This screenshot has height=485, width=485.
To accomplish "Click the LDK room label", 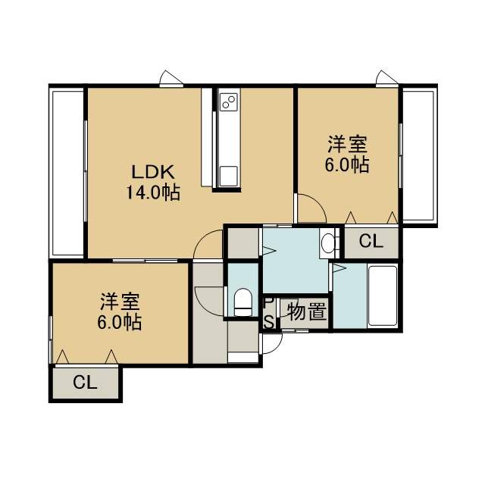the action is [x=153, y=172].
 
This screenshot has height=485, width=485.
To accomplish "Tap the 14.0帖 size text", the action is [x=153, y=193].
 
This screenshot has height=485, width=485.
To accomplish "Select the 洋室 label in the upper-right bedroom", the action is [x=347, y=145].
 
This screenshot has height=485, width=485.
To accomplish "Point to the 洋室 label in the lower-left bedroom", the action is [x=120, y=302].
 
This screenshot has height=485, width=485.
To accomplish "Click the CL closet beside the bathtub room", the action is [x=371, y=241].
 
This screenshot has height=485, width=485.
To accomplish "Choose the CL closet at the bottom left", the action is [x=85, y=383].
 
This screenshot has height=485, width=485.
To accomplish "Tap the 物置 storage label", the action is [x=306, y=311].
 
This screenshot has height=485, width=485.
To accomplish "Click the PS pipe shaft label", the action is [x=269, y=314].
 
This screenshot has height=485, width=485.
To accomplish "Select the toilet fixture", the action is [x=242, y=302].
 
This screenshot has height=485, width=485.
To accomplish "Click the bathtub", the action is [x=383, y=296].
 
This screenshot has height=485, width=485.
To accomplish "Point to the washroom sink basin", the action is [x=327, y=242].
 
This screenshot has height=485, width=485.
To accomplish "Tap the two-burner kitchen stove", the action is [x=229, y=102].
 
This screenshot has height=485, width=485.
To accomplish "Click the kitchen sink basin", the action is [x=229, y=176].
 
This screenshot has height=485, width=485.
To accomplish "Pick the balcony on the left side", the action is [x=67, y=173].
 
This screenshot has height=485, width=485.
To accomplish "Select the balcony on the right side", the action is [x=419, y=155].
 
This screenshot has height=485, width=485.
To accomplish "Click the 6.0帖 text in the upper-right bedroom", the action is [x=347, y=165].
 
